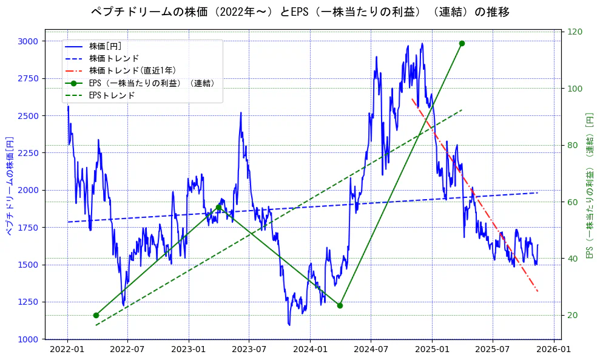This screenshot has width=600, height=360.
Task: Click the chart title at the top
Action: (x=300, y=12)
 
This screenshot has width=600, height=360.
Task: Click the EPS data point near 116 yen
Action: (x=462, y=44)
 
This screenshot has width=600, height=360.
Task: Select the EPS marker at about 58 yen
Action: (x=218, y=208)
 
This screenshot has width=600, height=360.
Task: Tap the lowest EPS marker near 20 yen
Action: (x=96, y=315)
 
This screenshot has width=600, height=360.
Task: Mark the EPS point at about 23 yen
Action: (x=340, y=305)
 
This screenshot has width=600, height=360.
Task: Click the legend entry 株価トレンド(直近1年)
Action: (x=132, y=70)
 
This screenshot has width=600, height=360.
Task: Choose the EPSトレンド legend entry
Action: (x=112, y=95)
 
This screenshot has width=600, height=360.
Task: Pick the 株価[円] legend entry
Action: (x=106, y=46)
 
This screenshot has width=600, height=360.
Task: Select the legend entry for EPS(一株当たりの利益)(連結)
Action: (x=152, y=83)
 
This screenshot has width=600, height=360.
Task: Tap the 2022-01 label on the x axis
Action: (x=67, y=350)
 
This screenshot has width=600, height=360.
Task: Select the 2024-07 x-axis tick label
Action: (x=371, y=350)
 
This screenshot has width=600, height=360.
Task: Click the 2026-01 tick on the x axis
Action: (x=553, y=350)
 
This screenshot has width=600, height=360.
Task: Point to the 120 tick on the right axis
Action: (x=575, y=32)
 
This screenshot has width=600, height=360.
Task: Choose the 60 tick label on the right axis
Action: (x=572, y=202)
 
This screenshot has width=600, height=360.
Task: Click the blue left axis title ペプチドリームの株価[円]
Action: (x=9, y=185)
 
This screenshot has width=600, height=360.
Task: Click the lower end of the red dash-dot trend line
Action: (x=538, y=291)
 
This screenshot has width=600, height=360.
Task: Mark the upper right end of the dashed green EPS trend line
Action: (x=462, y=110)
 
